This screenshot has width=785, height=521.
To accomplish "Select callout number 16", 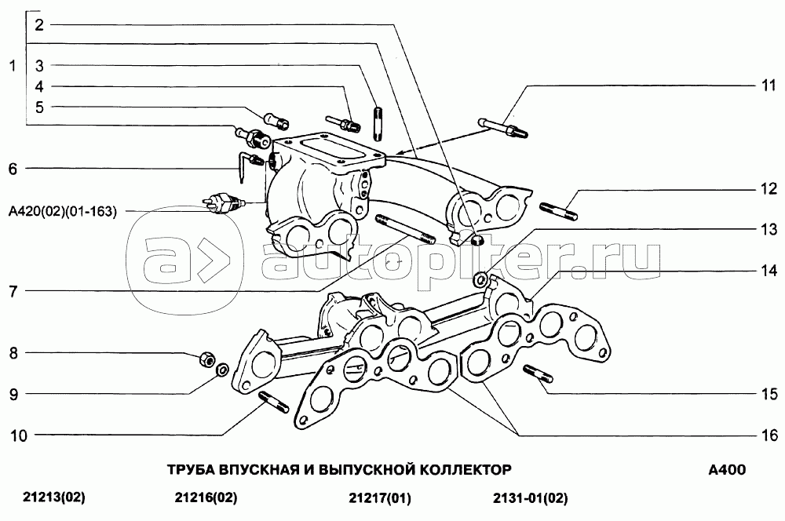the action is click(769, 435).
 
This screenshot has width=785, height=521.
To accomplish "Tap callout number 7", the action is click(13, 291).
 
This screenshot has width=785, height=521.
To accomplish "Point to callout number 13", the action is click(769, 229).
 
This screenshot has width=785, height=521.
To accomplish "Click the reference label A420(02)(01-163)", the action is click(63, 211).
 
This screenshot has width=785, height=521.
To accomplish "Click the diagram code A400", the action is click(727, 469).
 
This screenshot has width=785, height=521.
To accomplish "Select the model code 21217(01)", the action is click(379, 498).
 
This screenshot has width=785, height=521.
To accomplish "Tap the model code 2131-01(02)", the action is click(530, 498).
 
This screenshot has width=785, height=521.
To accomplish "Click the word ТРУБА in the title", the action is click(190, 469).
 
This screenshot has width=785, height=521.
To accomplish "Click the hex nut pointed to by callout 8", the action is click(206, 359).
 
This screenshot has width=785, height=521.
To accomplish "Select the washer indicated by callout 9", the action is click(222, 370).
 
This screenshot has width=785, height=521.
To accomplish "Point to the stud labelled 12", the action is click(559, 211).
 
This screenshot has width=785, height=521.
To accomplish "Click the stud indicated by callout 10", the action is click(274, 403).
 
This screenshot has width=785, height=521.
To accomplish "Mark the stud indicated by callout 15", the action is click(538, 373).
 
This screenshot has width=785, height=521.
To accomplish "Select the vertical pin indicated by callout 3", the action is click(378, 122).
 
